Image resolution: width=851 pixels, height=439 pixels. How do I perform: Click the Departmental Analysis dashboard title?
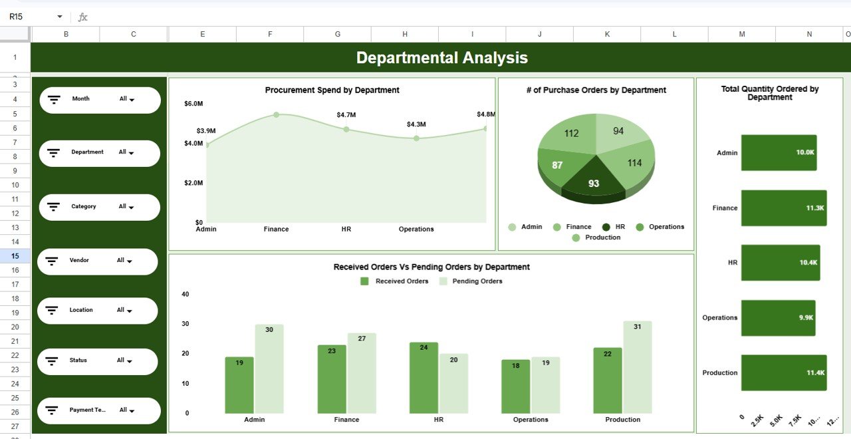coord(441,58)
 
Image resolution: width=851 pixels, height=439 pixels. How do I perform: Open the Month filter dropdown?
coord(126,99)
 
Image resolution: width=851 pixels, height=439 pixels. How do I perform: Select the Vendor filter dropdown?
coord(124,261)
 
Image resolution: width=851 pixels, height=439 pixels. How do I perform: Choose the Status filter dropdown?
coord(124,361)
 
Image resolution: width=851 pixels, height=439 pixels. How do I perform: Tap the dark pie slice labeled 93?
coord(594,182)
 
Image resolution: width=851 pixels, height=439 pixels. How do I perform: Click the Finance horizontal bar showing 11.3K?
coord(783,208)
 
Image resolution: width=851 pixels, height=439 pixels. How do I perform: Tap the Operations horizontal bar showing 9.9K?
coord(778,318)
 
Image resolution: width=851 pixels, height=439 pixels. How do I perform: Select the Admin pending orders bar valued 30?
coord(269,368)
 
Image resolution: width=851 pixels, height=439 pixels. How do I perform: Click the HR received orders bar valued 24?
coord(424,378)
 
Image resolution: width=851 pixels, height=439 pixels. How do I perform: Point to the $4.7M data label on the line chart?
coord(346,115)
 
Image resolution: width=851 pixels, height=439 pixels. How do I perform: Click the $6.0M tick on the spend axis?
coord(193,104)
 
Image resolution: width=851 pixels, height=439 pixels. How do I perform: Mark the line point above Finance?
coord(276,115)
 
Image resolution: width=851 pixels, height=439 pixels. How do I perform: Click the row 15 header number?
coord(15,256)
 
